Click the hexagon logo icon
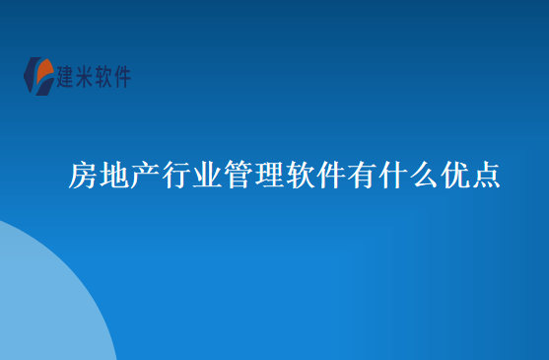[40, 76]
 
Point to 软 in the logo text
[108, 76]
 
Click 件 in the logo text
[125, 76]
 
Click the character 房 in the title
[83, 177]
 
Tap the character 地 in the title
[114, 177]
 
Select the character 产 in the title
[145, 177]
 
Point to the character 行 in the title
[176, 177]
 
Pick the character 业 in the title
[207, 177]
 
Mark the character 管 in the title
[238, 177]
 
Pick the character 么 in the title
[423, 177]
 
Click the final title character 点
[485, 177]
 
